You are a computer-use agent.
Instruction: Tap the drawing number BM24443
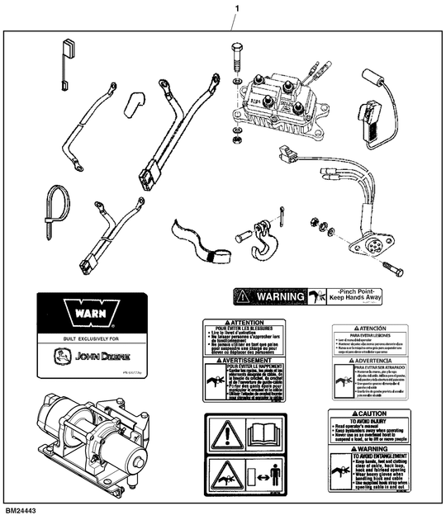(21, 513)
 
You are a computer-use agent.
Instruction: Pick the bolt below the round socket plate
(392, 269)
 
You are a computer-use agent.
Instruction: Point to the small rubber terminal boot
(136, 104)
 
